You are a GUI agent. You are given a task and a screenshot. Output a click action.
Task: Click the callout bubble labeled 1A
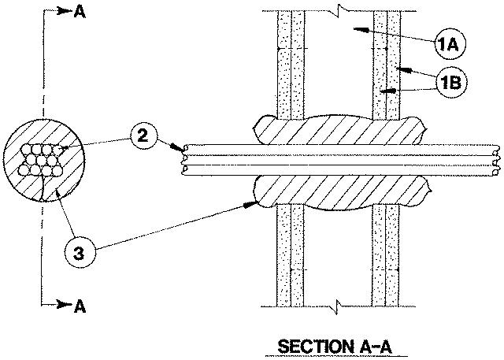coord(450,46)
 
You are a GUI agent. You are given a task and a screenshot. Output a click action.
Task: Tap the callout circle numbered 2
coord(142,136)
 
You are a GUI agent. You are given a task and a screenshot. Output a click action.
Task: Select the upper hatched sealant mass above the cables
coord(339,129)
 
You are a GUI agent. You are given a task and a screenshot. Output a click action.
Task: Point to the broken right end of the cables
coord(495,162)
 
